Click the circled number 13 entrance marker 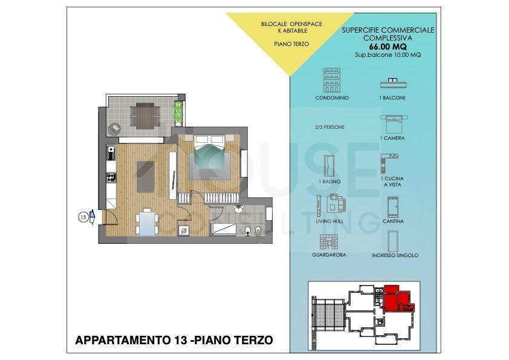tap(83, 217)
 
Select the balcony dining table tap(144, 116)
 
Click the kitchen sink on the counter tap(111, 152)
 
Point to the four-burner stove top tap(111, 177)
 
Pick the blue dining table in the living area tap(148, 223)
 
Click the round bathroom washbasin tap(239, 209)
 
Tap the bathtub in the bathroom tap(224, 229)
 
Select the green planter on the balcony tap(178, 114)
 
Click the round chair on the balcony tap(114, 129)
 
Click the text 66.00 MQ tap(387, 47)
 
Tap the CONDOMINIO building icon tap(331, 80)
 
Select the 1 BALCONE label tap(392, 98)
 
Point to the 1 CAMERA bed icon tap(394, 124)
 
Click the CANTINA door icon tap(393, 207)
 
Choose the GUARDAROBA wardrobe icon tap(329, 242)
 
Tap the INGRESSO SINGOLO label tap(395, 255)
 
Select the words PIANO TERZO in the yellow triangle tap(291, 44)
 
